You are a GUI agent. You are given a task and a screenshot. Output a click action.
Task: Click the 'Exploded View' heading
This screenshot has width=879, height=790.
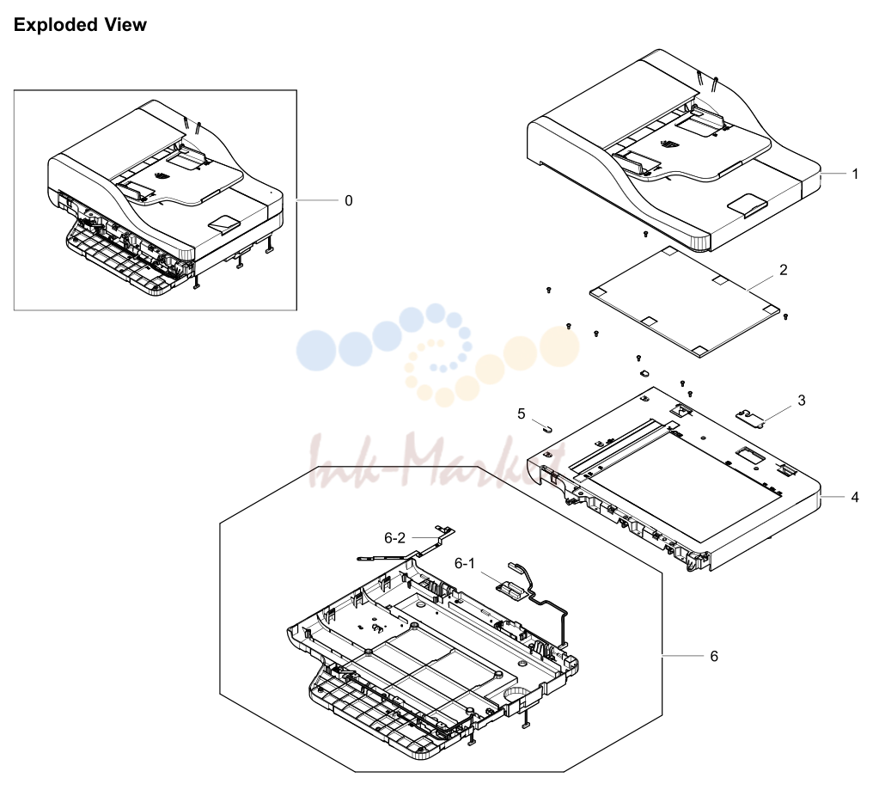point(80,25)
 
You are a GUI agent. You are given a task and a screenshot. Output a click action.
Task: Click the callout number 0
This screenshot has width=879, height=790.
point(349,201)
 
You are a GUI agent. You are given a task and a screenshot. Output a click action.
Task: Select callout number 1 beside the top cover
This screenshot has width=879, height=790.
point(855,175)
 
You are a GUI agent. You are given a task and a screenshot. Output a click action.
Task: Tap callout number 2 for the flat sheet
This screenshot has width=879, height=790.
point(783,270)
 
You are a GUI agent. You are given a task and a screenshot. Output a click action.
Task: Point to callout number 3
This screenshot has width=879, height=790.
point(802,401)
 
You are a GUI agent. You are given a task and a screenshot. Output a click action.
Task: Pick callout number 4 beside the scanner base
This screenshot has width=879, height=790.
point(855,498)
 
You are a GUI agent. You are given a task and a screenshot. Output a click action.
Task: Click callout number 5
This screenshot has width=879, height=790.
point(522,413)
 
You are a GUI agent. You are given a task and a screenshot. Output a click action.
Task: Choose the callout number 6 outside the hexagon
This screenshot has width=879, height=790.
point(714,656)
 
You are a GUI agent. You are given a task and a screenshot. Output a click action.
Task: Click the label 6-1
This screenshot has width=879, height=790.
point(464,563)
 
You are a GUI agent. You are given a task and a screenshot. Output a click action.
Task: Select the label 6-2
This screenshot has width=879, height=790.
point(394,538)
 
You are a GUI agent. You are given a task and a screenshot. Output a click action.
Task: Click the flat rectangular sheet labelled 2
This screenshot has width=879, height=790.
point(685,301)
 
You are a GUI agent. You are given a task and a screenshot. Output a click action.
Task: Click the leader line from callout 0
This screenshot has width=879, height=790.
point(318,200)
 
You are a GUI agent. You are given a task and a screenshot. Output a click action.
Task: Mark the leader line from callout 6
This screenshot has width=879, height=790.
point(683,655)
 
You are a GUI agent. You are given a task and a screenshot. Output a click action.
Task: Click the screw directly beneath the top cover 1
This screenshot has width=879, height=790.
point(645,233)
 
